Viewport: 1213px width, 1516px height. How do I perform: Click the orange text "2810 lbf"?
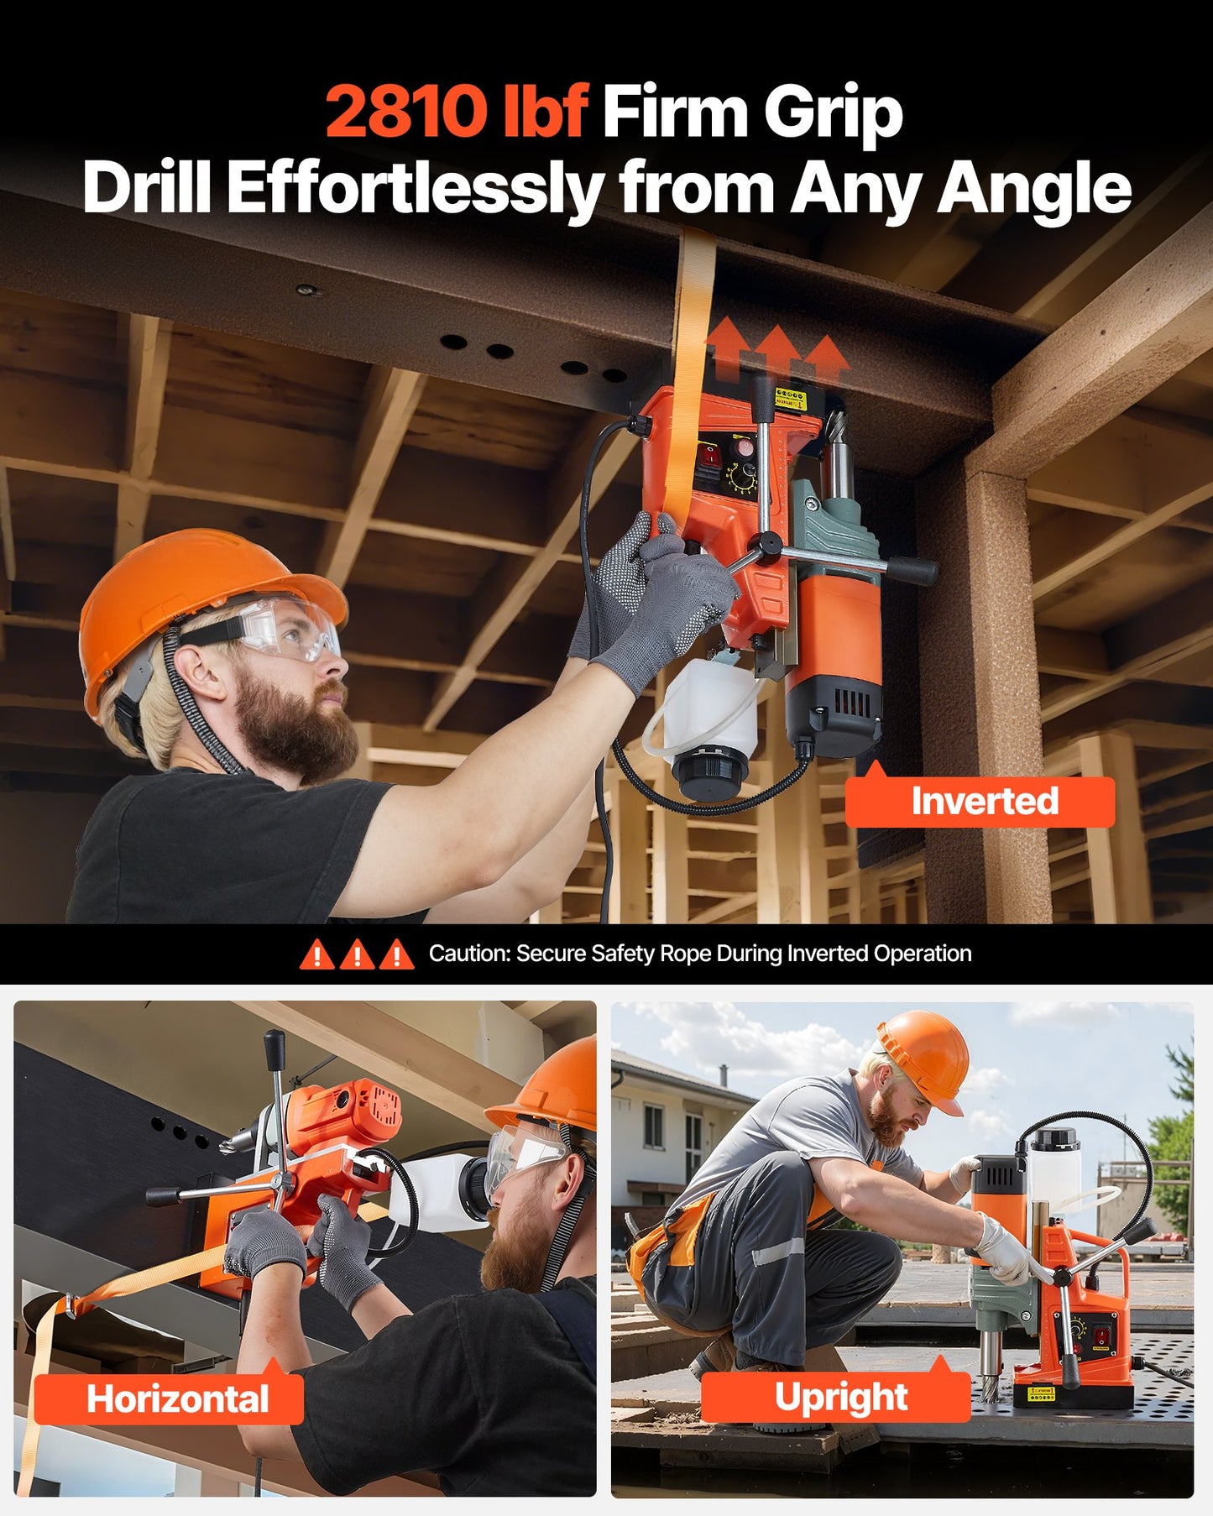455,112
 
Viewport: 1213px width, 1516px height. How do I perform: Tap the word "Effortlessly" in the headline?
415,189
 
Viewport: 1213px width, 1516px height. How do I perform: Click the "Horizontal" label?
177,1399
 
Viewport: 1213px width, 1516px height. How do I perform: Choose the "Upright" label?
840,1398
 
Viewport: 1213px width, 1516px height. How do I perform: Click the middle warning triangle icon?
357,955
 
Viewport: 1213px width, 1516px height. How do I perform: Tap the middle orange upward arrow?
776,348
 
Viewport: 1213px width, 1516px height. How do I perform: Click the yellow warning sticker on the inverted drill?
790,397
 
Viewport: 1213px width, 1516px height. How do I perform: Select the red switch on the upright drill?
1101,1333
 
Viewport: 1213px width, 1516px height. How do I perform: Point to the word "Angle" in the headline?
1034,189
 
